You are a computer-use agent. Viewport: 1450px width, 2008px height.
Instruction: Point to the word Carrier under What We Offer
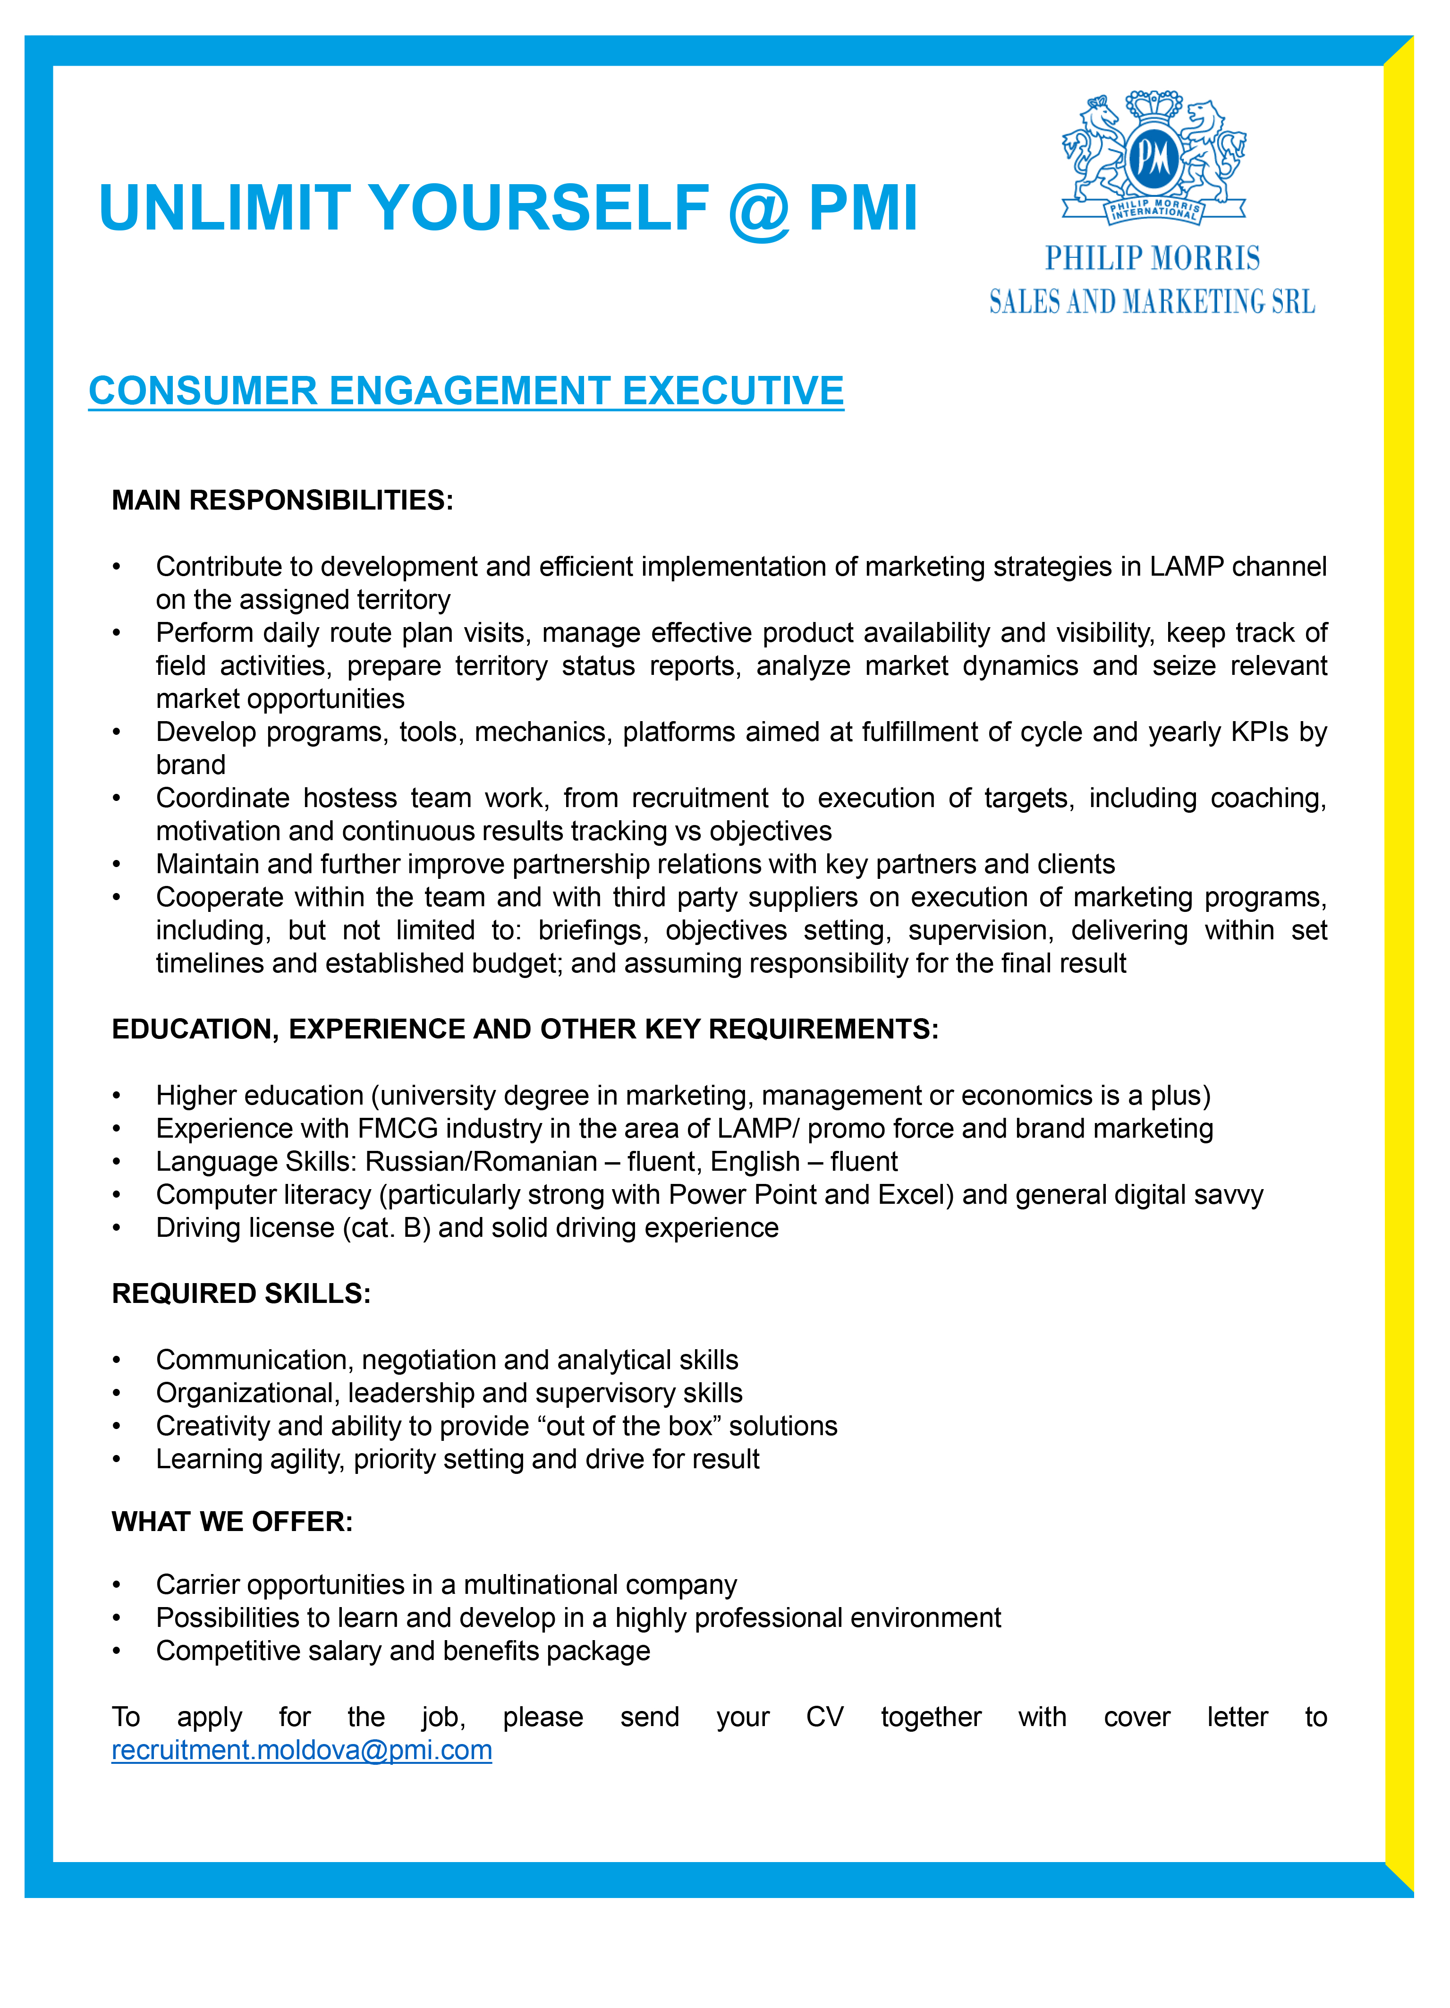click(204, 1585)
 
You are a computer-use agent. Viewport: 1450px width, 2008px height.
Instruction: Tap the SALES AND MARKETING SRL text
click(1152, 303)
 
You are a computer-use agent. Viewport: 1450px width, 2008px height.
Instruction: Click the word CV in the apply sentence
click(824, 1718)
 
